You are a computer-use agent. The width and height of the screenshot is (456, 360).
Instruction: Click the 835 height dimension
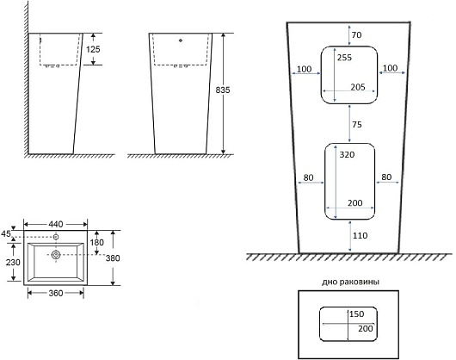223,90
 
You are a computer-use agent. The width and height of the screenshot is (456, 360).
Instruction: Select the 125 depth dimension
93,49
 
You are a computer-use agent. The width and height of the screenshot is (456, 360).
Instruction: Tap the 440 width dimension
56,224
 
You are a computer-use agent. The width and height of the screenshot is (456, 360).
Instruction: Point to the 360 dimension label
56,293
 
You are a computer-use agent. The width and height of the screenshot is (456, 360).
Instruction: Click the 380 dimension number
113,258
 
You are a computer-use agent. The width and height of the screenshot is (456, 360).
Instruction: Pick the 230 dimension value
13,262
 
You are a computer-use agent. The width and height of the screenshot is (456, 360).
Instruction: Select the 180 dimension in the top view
96,242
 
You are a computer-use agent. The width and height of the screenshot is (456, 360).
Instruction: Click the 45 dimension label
6,233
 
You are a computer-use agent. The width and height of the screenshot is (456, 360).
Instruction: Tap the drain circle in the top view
56,255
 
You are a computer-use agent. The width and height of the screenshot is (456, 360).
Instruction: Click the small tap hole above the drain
56,237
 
